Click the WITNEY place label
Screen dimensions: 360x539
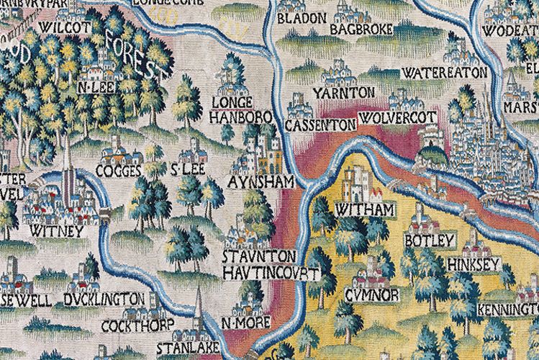click(57, 232)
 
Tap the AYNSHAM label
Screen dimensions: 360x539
click(260, 183)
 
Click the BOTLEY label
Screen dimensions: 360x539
click(430, 240)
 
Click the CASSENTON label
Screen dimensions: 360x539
click(321, 125)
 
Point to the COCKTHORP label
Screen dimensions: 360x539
click(148, 325)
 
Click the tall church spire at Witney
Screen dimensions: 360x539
click(67, 166)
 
